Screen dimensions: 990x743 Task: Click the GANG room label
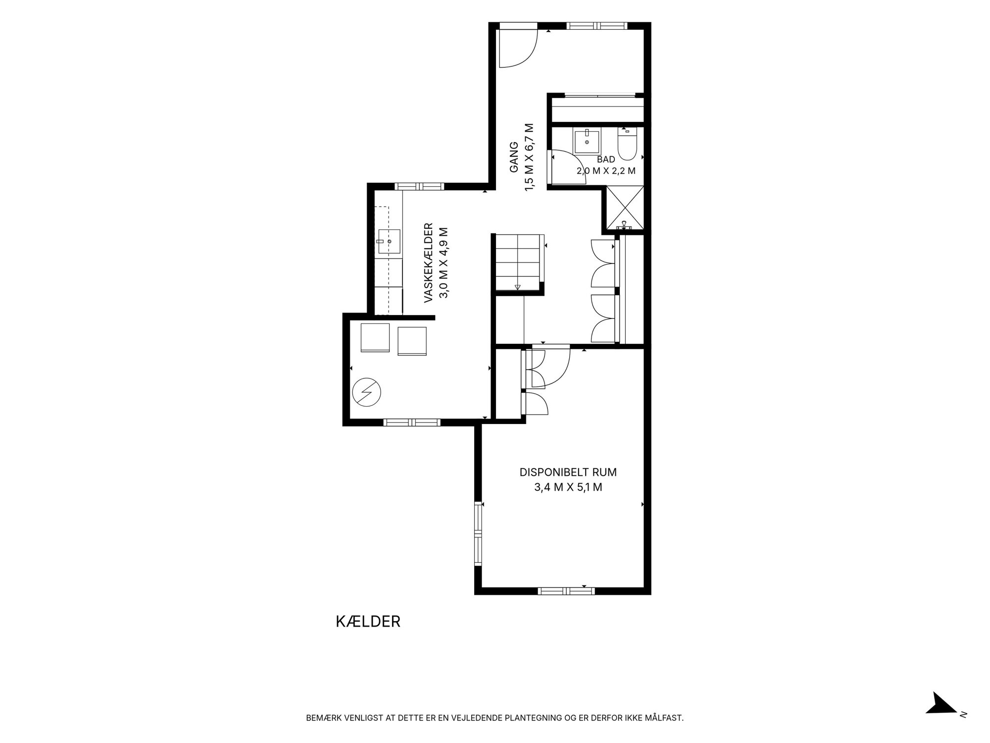click(x=514, y=157)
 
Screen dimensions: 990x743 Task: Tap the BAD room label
click(x=606, y=159)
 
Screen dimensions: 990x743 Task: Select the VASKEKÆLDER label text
click(x=429, y=263)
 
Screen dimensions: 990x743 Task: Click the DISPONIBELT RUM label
click(x=568, y=472)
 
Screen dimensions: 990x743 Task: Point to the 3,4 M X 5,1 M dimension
click(x=568, y=487)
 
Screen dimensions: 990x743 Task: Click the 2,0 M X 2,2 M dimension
click(x=606, y=171)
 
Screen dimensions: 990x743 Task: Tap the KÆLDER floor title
click(x=368, y=622)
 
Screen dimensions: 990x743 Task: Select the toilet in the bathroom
click(x=627, y=144)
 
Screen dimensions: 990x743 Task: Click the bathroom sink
click(x=587, y=141)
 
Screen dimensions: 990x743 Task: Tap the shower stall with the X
click(x=625, y=207)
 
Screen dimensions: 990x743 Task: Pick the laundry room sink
click(x=389, y=241)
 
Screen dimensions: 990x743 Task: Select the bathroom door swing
click(x=568, y=166)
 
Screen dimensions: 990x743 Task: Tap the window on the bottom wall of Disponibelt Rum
click(x=566, y=590)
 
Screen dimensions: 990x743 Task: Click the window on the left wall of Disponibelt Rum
click(x=478, y=533)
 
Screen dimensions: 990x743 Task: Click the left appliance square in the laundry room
click(x=375, y=338)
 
